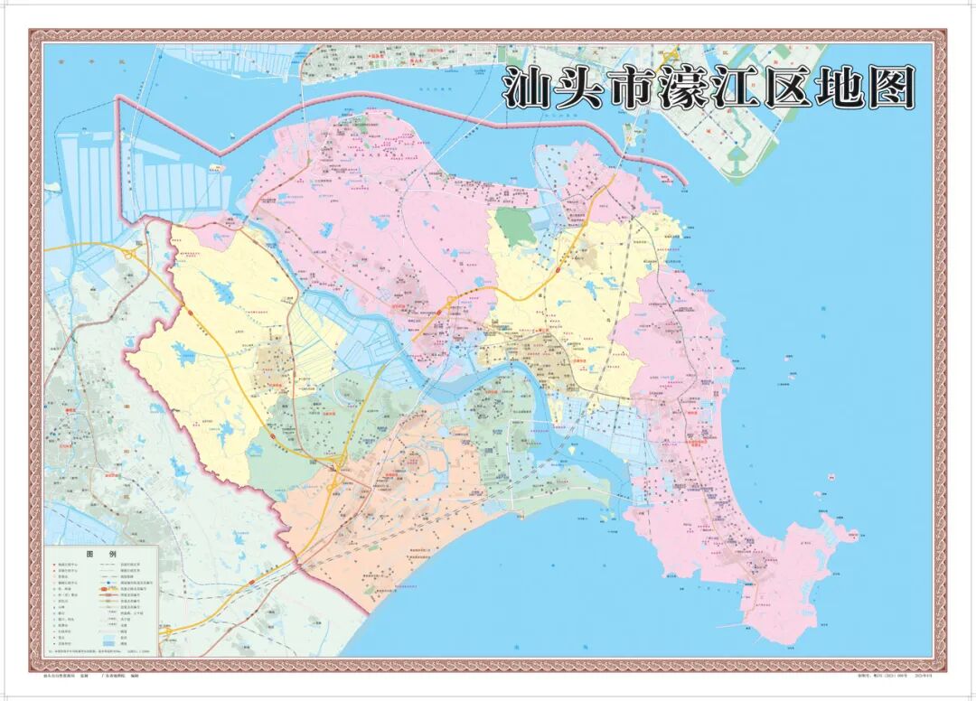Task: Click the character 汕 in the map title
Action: point(527,89)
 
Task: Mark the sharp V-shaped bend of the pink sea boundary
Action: point(224,147)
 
